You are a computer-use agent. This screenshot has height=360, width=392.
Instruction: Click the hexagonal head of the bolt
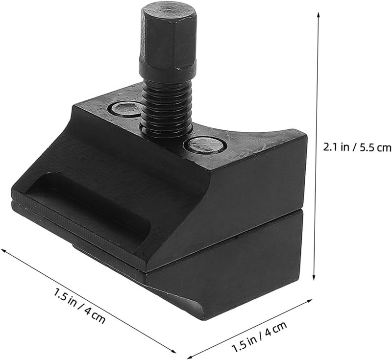coord(168,36)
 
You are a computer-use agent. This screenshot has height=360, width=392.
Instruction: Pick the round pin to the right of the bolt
coord(205,145)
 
